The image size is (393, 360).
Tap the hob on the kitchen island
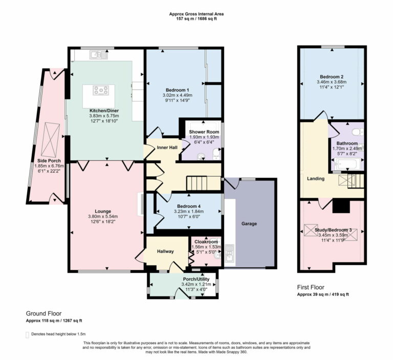(x=101, y=91)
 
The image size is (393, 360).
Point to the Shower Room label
(x=204, y=132)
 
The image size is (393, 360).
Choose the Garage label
(x=249, y=224)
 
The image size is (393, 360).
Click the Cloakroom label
(x=205, y=242)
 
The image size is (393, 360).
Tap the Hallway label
(x=166, y=251)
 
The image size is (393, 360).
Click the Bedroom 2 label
(x=331, y=76)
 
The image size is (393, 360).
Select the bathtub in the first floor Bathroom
(x=347, y=164)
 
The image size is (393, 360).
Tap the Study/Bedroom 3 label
(x=333, y=230)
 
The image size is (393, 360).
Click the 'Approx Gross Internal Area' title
(x=196, y=14)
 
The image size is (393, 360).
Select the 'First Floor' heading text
(x=311, y=288)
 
